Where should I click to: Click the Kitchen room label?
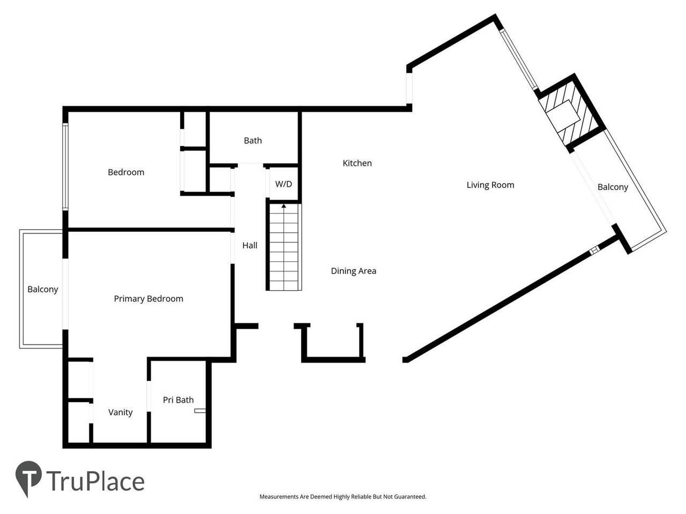pos(357,163)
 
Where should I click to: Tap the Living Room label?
pos(490,185)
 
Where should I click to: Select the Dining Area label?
pos(353,271)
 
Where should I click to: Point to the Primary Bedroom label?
pos(148,299)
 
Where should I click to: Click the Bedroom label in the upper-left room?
pos(126,172)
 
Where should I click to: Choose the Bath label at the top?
pos(252,141)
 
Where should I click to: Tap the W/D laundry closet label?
pos(284,184)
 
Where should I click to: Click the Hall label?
pos(250,246)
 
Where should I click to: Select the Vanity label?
pos(120,412)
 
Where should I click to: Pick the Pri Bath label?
pos(178,400)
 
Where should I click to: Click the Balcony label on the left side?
pos(42,290)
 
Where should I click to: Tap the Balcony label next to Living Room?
pos(613,187)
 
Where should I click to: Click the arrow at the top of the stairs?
pos(284,206)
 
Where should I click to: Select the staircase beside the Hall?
pos(284,249)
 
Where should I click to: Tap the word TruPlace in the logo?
pos(95,481)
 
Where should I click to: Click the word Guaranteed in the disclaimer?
pos(410,497)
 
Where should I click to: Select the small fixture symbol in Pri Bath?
pos(200,411)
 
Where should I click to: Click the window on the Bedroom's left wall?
pos(65,167)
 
